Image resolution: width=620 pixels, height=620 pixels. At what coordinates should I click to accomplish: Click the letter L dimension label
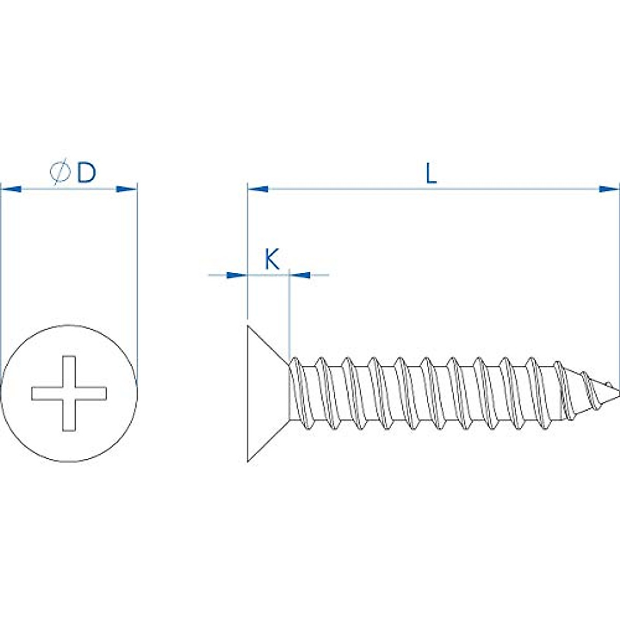(431, 174)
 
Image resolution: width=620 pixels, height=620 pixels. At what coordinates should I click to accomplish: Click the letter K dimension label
(272, 259)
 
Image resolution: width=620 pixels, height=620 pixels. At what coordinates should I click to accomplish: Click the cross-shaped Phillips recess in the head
(69, 393)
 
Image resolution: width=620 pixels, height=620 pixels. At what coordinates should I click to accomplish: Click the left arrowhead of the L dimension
(258, 189)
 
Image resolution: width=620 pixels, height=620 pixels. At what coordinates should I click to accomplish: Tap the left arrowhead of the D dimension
(11, 189)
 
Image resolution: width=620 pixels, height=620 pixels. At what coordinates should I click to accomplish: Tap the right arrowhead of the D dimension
(127, 189)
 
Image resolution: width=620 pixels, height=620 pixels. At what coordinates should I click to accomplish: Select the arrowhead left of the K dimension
(236, 275)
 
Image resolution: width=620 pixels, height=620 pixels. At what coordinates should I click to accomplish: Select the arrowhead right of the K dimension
(301, 275)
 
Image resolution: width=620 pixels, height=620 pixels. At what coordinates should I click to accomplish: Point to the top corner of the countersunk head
(249, 326)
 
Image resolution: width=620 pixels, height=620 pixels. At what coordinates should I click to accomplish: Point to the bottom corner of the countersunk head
(249, 461)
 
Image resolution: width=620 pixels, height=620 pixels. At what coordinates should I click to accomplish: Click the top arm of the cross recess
(69, 369)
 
